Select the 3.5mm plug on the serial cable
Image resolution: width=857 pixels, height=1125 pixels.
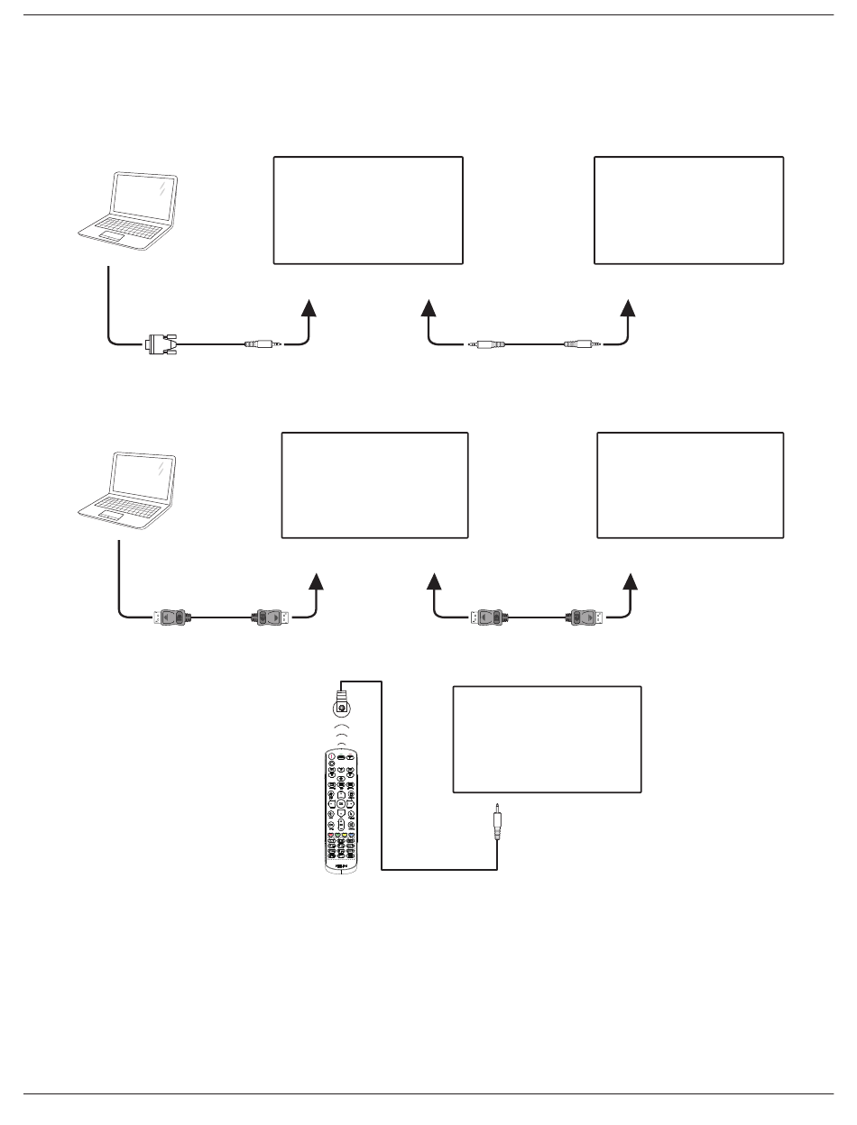261,343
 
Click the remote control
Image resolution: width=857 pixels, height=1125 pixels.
340,811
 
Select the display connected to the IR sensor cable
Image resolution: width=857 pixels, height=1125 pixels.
547,739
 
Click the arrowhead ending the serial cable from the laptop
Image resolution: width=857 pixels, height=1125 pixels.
309,307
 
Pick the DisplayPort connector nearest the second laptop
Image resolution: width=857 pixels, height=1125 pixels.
173,617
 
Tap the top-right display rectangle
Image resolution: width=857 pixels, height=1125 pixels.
688,210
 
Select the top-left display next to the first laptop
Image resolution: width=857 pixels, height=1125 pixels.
368,210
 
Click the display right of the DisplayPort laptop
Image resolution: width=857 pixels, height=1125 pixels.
375,485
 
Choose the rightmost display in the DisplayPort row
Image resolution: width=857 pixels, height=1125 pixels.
690,485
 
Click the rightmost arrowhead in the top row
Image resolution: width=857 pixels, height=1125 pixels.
630,307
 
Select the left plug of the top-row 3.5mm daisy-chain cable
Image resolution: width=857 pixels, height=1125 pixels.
488,343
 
